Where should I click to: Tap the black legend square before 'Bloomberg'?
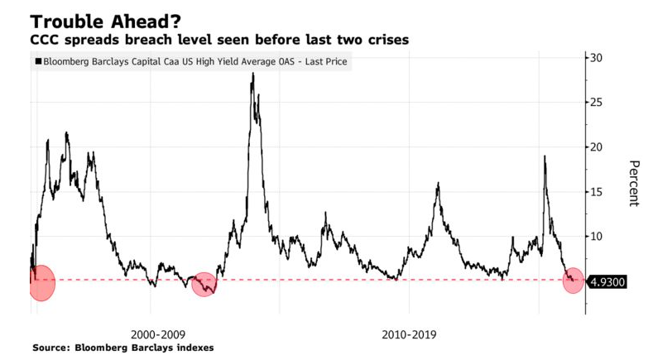point(38,62)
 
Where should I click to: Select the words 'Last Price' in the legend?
point(325,62)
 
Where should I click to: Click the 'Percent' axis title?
point(634,183)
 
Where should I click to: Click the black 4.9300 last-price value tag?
point(608,281)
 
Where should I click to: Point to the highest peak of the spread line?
point(252,74)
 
